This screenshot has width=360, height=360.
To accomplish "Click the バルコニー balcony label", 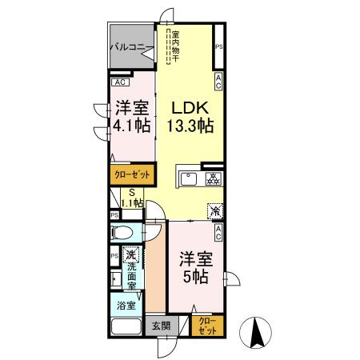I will point(128,48).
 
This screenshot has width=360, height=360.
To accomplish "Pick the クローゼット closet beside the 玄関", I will point(206,326).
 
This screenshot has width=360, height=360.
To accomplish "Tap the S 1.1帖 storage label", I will point(130,198).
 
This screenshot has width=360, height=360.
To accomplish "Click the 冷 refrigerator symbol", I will point(215,211).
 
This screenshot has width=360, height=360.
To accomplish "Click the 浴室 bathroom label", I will point(126,305).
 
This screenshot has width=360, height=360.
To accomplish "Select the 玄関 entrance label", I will point(160,326).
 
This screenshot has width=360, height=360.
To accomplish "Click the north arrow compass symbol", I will point(257,330).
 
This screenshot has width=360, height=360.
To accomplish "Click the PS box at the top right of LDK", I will point(218,47).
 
